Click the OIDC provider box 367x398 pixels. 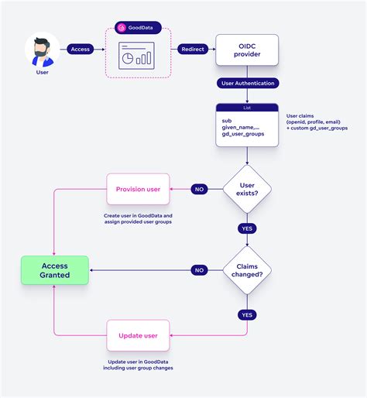click(246, 51)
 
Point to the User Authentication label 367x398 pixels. click(247, 83)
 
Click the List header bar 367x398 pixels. click(247, 108)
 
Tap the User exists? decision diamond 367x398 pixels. click(247, 188)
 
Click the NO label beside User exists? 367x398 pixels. click(200, 188)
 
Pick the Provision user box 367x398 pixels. click(138, 189)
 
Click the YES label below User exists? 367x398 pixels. click(247, 228)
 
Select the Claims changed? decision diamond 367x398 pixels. click(247, 270)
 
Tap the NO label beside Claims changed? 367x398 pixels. click(200, 270)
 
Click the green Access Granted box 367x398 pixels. click(55, 269)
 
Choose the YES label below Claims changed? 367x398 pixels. click(247, 314)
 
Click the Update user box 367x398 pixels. click(138, 335)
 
